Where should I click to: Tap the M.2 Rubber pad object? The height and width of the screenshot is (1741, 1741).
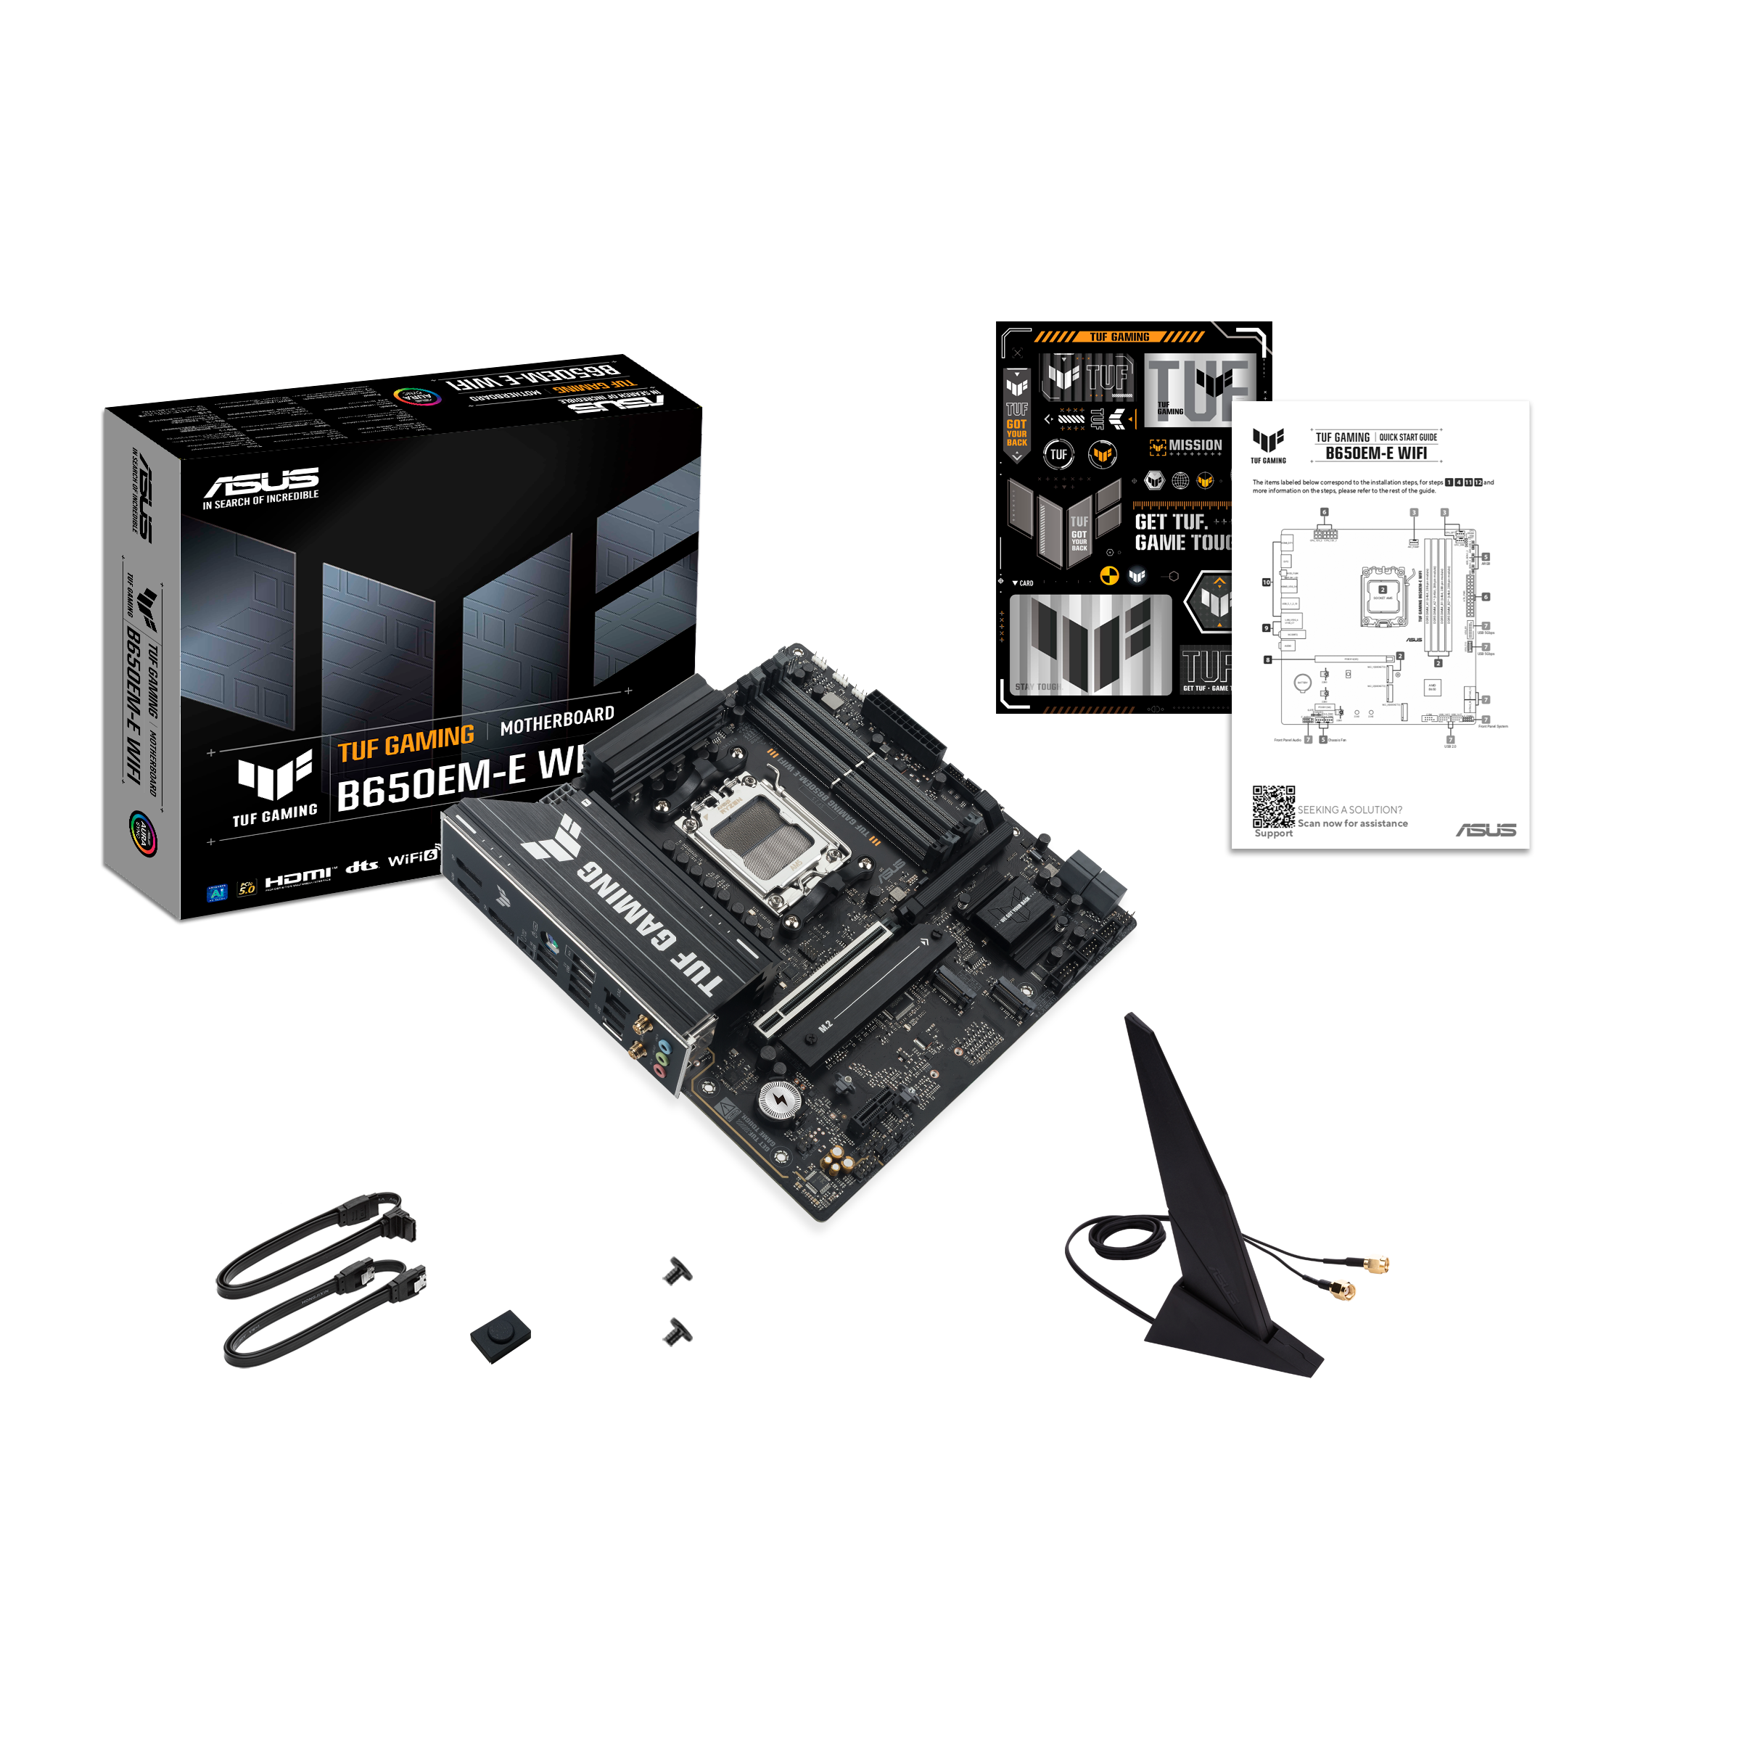(500, 1333)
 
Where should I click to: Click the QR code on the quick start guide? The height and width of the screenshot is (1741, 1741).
(1272, 807)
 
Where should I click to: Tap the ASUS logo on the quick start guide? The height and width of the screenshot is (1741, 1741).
(1486, 830)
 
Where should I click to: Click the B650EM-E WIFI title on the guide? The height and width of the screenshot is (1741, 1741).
(1375, 453)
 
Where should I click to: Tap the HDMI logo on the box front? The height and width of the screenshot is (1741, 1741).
(297, 878)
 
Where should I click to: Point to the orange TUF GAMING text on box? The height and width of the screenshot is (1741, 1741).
(406, 744)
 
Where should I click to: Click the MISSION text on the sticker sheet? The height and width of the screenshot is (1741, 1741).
(1195, 445)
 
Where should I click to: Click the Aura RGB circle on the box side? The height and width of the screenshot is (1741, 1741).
(142, 833)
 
